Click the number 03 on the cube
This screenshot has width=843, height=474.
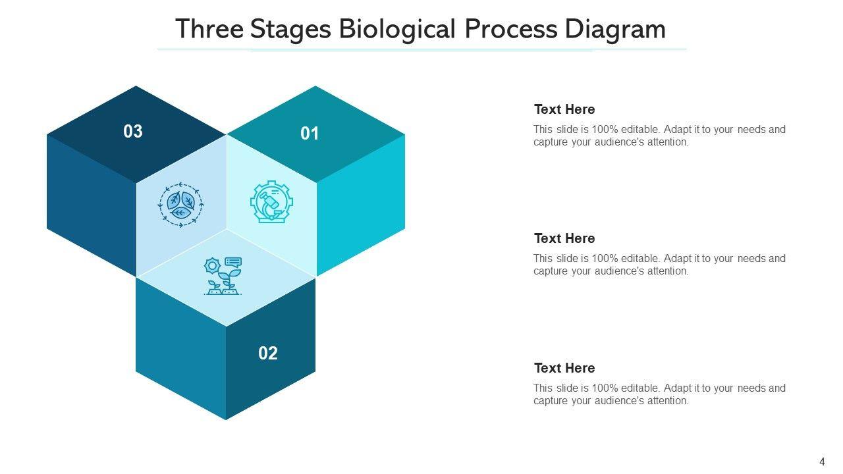click(x=133, y=131)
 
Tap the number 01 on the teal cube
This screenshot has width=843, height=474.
click(x=310, y=134)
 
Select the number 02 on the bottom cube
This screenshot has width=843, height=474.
click(x=268, y=354)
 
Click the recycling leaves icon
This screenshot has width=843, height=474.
click(x=180, y=205)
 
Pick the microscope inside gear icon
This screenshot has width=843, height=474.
click(x=272, y=202)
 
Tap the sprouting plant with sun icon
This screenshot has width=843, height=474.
click(x=223, y=276)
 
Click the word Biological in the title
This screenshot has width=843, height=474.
click(x=397, y=30)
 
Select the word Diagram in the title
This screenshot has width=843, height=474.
click(x=615, y=30)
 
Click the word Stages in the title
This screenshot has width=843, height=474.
click(x=290, y=30)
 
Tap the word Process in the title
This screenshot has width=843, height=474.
click(x=510, y=29)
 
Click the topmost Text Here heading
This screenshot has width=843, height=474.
click(x=564, y=109)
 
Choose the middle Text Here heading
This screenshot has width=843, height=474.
click(x=564, y=238)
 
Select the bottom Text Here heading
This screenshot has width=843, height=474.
click(x=564, y=368)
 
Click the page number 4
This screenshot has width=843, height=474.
click(x=822, y=461)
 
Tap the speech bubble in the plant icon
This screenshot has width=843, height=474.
click(x=233, y=262)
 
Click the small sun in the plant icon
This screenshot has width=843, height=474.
click(x=212, y=266)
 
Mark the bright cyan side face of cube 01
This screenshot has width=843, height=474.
click(x=360, y=205)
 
